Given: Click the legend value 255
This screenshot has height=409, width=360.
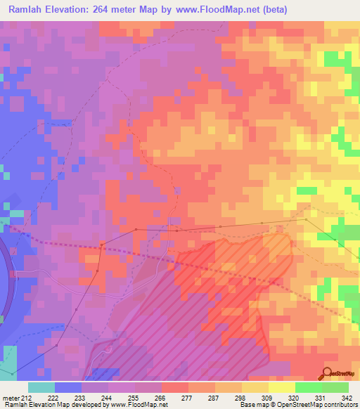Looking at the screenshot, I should coord(134,397).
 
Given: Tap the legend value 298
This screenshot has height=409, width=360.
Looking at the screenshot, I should coord(240,397).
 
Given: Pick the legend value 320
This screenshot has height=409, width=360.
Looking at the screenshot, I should coord(295,397).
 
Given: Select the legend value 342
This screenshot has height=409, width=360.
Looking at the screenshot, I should coord(347,397).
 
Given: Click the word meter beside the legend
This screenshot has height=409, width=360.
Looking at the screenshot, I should coord(11,397).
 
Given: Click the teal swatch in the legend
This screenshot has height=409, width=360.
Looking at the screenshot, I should coord(41,387).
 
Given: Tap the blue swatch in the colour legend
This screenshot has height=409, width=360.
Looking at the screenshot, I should coord(68,387).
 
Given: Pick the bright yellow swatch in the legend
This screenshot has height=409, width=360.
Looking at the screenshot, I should coord(281,387).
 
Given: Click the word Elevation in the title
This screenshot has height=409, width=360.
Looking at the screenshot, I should coord(70,11).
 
